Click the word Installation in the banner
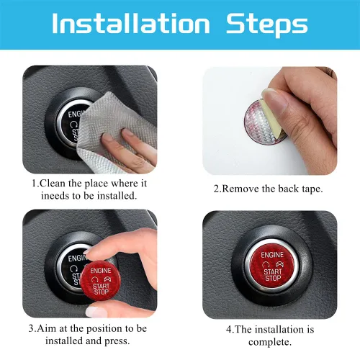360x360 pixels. pos(131,23)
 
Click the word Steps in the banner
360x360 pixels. pos(267,25)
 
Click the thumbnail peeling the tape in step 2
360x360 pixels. pos(276,102)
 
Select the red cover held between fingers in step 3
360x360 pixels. pos(101,281)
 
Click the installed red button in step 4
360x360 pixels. pos(272,266)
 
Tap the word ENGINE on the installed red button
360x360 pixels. pos(272,255)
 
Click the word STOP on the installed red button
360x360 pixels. pos(273,278)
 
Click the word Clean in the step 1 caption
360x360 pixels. pos(52,184)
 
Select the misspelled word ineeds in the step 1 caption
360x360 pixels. pos(55,196)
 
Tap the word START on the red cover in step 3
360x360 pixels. pos(101,286)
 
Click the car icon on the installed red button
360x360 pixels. pos(280,264)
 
